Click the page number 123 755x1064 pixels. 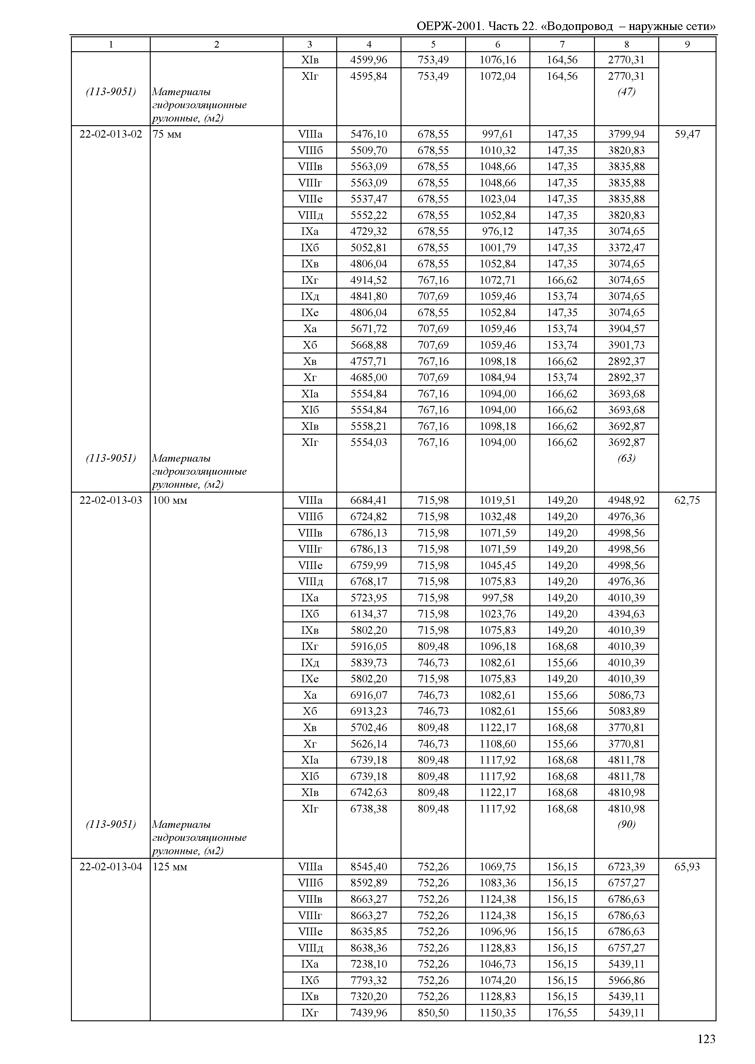pyautogui.click(x=706, y=1039)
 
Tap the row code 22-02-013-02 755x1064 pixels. pyautogui.click(x=111, y=134)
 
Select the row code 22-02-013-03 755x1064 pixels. pyautogui.click(x=111, y=500)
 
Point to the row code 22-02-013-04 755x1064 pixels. pyautogui.click(x=111, y=867)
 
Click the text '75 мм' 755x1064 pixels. pyautogui.click(x=167, y=134)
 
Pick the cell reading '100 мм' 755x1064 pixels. pyautogui.click(x=170, y=500)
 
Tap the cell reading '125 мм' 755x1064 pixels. pyautogui.click(x=170, y=867)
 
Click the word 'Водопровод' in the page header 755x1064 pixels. pyautogui.click(x=579, y=26)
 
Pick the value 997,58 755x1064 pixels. pyautogui.click(x=498, y=598)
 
